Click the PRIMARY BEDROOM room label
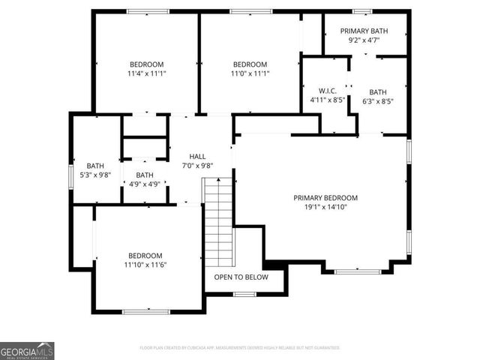pos(325,198)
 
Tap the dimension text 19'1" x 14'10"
pos(325,208)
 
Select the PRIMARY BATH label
pos(364,31)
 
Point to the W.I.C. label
pos(328,90)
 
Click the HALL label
pos(198,156)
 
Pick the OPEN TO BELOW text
pos(241,277)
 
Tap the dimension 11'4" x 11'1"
pos(146,73)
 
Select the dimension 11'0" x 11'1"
pos(250,73)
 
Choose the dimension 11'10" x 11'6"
pos(145,265)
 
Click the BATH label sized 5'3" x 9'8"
pos(95,166)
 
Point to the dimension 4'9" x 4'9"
pos(145,184)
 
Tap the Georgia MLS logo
pos(27,350)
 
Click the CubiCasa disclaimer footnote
pos(240,348)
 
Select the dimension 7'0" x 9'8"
pos(198,166)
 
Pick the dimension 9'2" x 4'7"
pos(364,40)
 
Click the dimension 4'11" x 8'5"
pos(328,100)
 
